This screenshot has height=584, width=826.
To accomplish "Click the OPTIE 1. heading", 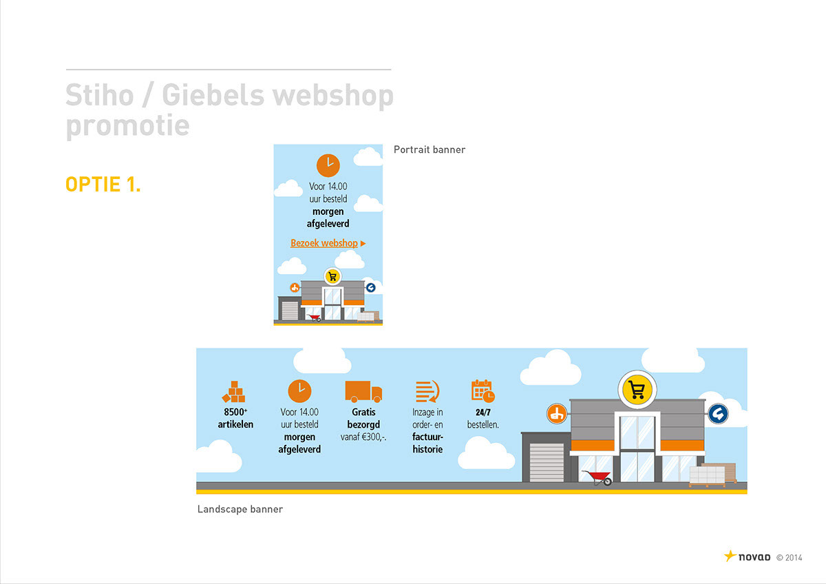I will pos(103,185).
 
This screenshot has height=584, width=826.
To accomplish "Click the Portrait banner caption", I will pos(430,149).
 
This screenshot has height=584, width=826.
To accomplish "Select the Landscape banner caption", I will pos(240,510).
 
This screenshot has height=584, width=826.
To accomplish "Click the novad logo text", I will pos(754,556).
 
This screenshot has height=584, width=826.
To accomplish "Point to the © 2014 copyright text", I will pos(789,557).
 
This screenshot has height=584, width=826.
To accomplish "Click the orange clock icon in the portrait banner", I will pos(328,165).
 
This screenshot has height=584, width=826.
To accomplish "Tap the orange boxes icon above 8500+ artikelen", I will pos(234,392).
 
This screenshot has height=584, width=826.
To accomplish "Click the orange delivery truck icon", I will pos(363,391).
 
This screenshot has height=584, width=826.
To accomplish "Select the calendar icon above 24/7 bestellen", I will pos(483,391).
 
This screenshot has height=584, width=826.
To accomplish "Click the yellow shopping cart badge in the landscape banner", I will pos(637,390).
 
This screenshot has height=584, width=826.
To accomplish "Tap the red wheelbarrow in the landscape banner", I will pos(597,477).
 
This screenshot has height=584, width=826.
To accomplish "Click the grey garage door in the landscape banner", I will pos(546,462).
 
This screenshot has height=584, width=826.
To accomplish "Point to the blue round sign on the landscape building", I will pos(718,414).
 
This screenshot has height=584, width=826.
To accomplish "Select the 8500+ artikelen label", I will pos(235,419).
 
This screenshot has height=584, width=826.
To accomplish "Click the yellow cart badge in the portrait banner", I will pos(332,276).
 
